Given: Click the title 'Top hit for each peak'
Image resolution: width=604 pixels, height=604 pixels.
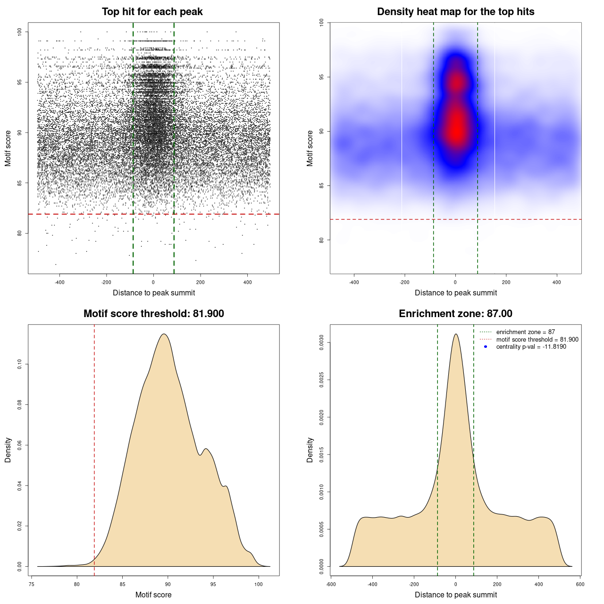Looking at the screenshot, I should (x=152, y=12).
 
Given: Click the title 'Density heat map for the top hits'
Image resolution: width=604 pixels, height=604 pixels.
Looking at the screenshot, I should (x=455, y=12).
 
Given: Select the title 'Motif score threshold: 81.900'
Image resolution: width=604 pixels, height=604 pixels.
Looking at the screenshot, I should (x=153, y=314).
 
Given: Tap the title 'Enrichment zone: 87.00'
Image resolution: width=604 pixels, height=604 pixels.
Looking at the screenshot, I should (x=455, y=314).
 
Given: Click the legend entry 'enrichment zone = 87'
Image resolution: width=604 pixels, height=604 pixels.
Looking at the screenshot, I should (x=525, y=332).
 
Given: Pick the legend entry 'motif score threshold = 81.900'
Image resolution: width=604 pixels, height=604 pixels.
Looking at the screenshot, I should (x=537, y=340).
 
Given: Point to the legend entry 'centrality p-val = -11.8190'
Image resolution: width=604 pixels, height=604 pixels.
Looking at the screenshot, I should (x=531, y=347).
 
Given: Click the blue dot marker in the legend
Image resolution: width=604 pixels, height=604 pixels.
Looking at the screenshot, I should (x=486, y=347).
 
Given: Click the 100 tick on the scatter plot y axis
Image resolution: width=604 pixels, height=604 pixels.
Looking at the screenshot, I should (x=20, y=32).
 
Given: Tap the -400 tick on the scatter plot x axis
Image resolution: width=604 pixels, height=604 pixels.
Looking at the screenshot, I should (x=59, y=282).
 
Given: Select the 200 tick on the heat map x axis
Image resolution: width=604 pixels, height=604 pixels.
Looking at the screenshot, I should (x=506, y=282).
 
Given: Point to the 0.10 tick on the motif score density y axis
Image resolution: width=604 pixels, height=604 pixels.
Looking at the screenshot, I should (x=20, y=364).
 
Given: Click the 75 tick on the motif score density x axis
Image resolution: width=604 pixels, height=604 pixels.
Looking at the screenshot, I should (x=32, y=584).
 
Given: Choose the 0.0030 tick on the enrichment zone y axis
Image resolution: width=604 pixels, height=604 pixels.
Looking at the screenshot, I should (x=322, y=342).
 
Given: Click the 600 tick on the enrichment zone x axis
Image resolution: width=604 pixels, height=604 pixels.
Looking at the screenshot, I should (x=580, y=584).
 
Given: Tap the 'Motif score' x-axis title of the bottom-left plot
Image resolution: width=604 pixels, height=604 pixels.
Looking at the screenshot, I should (x=153, y=595).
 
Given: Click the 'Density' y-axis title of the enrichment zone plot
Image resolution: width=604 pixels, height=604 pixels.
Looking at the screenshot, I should (x=310, y=450).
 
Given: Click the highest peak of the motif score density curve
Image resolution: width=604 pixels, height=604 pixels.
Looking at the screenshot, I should (x=164, y=334).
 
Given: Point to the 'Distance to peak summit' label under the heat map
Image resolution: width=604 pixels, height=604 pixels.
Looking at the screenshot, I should (x=455, y=293).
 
